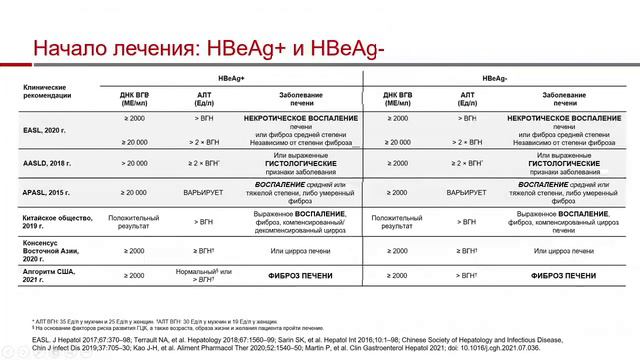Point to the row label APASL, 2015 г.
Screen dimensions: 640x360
(47, 190)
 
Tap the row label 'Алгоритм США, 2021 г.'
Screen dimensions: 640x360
(51, 275)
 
